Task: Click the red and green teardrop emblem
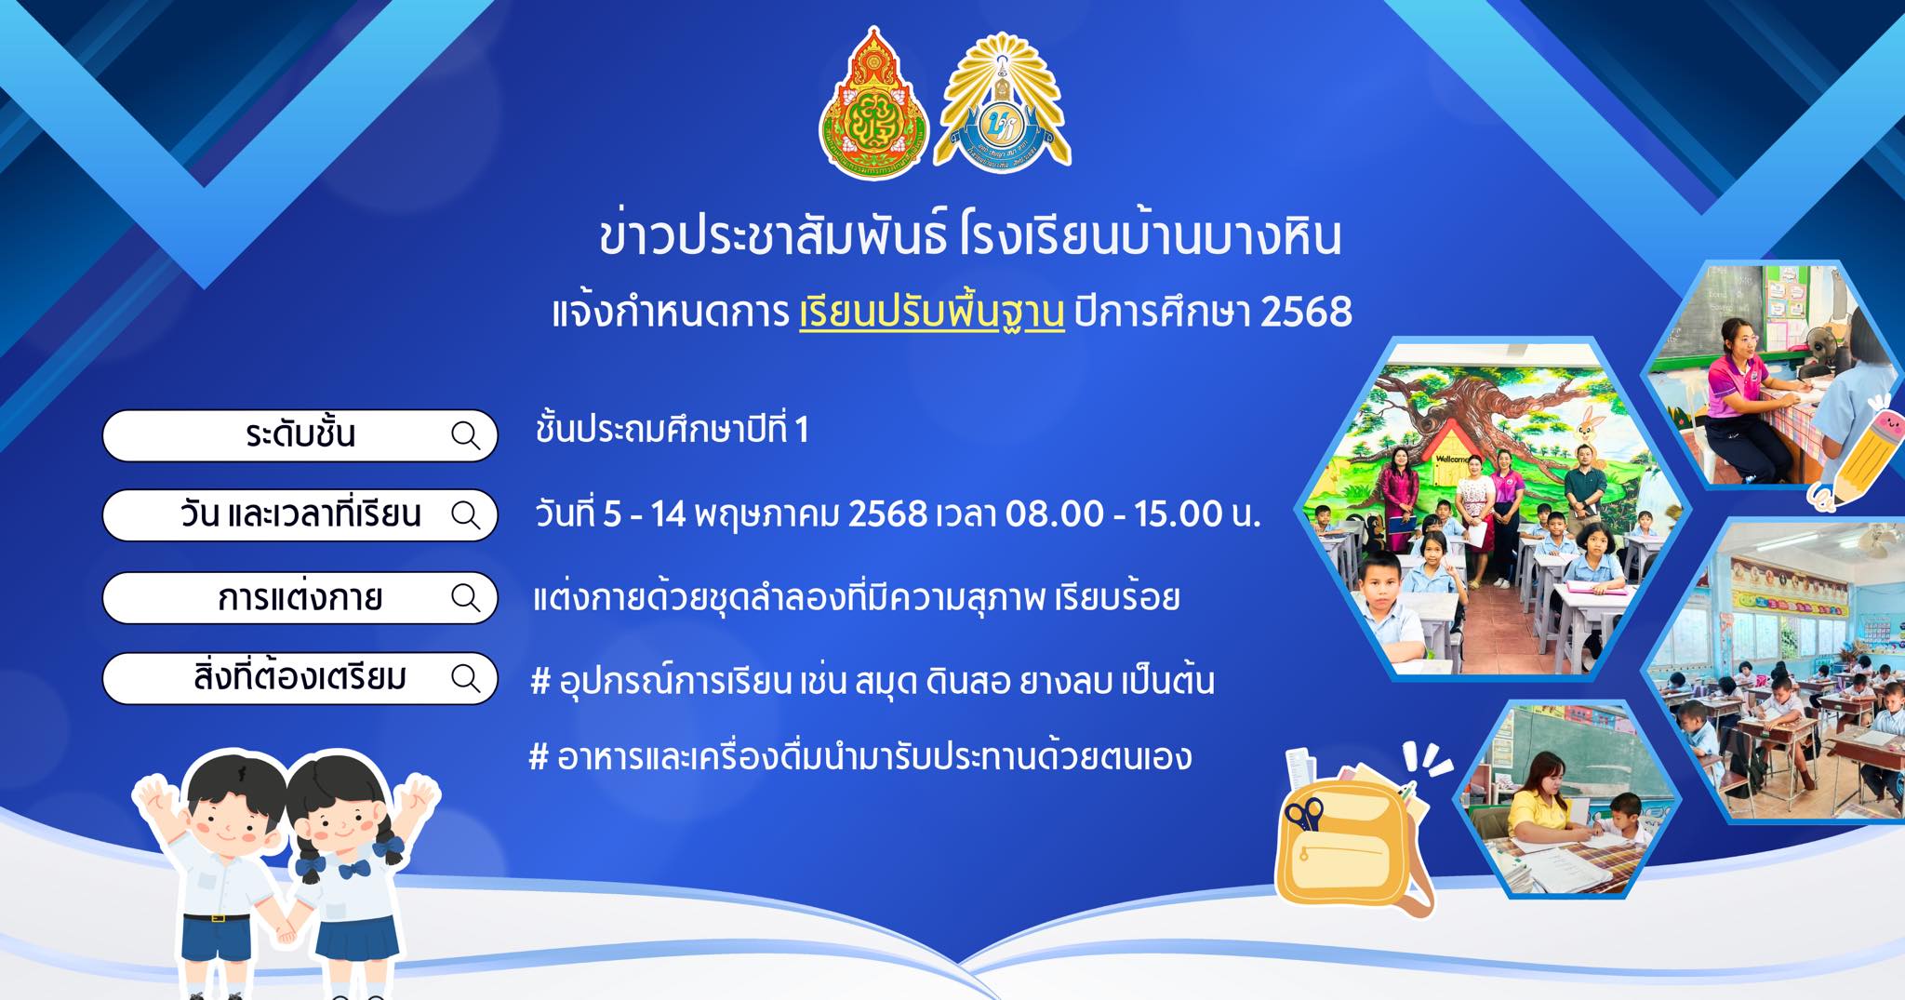pyautogui.click(x=873, y=104)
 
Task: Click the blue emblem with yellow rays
pyautogui.click(x=1002, y=104)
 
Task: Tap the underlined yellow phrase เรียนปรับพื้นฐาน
pyautogui.click(x=932, y=313)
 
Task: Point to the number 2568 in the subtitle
pyautogui.click(x=1306, y=312)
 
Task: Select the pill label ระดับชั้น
pyautogui.click(x=300, y=434)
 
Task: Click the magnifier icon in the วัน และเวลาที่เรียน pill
pyautogui.click(x=465, y=514)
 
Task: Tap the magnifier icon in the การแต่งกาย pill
pyautogui.click(x=465, y=596)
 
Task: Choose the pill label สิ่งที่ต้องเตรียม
pyautogui.click(x=300, y=677)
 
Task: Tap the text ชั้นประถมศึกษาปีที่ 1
pyautogui.click(x=672, y=430)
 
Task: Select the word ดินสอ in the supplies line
pyautogui.click(x=967, y=682)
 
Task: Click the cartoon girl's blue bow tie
pyautogui.click(x=354, y=870)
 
